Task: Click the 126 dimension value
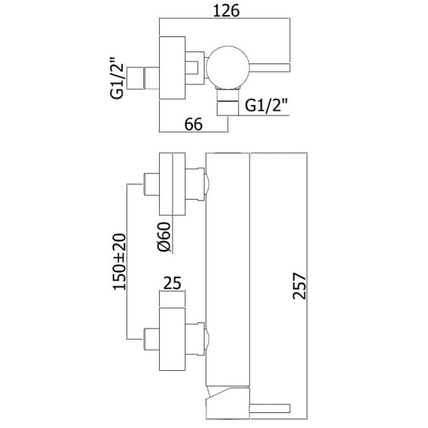pyautogui.click(x=226, y=11)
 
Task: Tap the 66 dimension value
pyautogui.click(x=193, y=124)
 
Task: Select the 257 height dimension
pyautogui.click(x=300, y=286)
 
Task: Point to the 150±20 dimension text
pyautogui.click(x=120, y=262)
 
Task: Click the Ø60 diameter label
pyautogui.click(x=164, y=236)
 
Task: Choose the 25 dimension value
pyautogui.click(x=172, y=282)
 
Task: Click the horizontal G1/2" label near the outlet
pyautogui.click(x=266, y=105)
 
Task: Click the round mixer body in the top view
pyautogui.click(x=228, y=67)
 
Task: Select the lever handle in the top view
pyautogui.click(x=270, y=67)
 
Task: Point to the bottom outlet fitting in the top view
pyautogui.click(x=228, y=102)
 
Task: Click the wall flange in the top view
pyautogui.click(x=172, y=68)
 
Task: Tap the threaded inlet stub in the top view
pyautogui.click(x=143, y=78)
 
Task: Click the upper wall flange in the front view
pyautogui.click(x=172, y=184)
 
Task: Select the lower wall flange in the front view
pyautogui.click(x=172, y=340)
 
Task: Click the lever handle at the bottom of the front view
pyautogui.click(x=270, y=408)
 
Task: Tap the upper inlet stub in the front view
pyautogui.click(x=151, y=184)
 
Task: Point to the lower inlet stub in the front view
pyautogui.click(x=151, y=340)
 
